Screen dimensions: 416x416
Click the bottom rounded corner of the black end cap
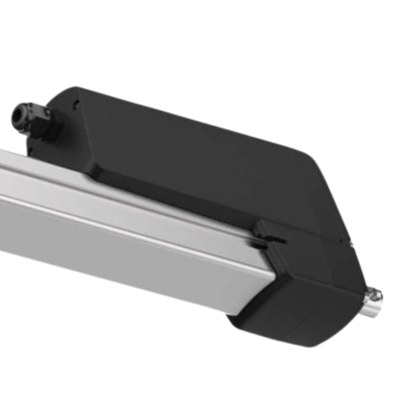312,343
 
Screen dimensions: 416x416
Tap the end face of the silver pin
376,296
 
